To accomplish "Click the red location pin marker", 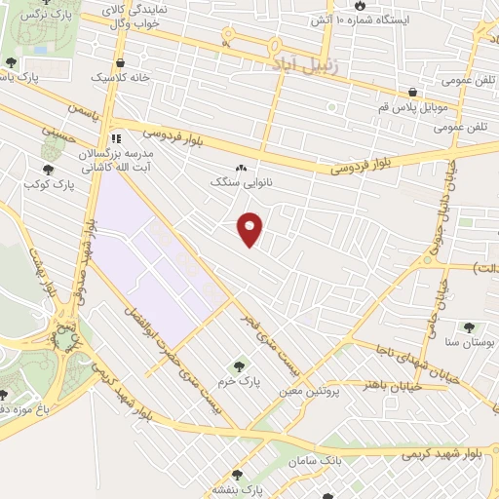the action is (251, 228).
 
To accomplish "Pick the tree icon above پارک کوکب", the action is (50, 150).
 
